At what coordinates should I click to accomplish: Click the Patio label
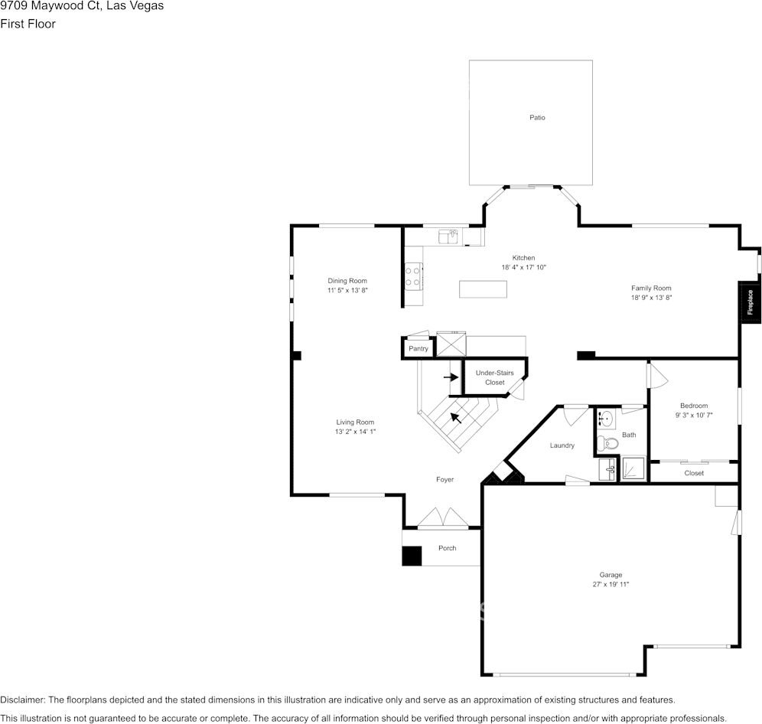[537, 118]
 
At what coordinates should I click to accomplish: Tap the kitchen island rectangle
[483, 289]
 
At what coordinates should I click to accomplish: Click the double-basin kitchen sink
[448, 237]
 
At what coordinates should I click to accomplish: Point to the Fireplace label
[750, 302]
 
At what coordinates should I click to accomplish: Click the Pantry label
[418, 349]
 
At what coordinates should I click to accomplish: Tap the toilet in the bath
[607, 442]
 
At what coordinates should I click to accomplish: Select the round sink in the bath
[606, 419]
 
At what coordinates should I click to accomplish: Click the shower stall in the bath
[633, 468]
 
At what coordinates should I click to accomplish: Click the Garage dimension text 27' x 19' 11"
[611, 584]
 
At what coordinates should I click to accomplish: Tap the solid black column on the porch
[412, 556]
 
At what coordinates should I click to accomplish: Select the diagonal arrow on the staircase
[456, 417]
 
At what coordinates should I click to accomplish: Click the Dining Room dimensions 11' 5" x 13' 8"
[348, 291]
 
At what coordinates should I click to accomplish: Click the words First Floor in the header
[28, 24]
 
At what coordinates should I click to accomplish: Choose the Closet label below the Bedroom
[694, 474]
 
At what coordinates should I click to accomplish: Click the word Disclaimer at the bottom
[22, 700]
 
